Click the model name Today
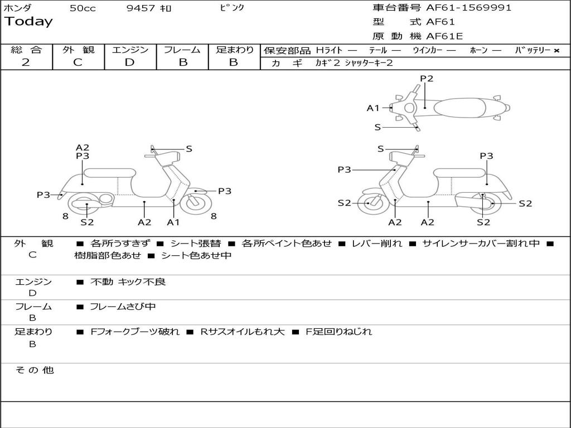(x=28, y=22)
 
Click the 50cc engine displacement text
(x=83, y=8)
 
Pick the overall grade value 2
(x=26, y=62)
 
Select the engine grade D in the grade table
(x=130, y=62)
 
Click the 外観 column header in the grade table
(x=78, y=50)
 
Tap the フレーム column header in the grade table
(x=182, y=50)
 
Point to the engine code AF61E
(x=444, y=37)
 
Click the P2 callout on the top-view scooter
(x=427, y=79)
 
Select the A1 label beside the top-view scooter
(x=373, y=108)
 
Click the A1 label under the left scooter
(x=173, y=222)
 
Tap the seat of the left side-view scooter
(x=109, y=173)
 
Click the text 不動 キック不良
(x=128, y=282)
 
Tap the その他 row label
(x=34, y=370)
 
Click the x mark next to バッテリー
(x=557, y=51)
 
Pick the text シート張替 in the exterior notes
(x=195, y=244)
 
